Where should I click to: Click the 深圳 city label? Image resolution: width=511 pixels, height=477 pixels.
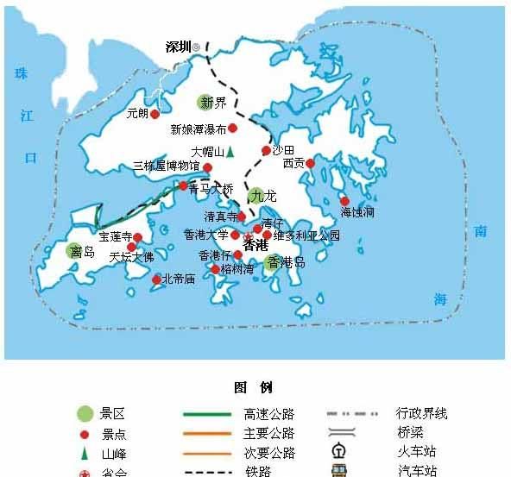[x=178, y=47]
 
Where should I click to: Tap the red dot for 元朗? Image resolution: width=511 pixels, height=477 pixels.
[x=155, y=113]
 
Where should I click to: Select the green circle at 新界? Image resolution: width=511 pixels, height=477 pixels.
[x=205, y=103]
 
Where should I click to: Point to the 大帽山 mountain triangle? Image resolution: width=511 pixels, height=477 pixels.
[x=230, y=152]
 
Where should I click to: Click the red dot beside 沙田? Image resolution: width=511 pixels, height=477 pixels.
[x=266, y=151]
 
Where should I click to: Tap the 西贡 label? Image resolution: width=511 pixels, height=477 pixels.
[x=293, y=162]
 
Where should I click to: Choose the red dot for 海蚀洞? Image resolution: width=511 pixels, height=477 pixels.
[x=344, y=201]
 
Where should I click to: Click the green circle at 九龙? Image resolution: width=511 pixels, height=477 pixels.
[x=255, y=196]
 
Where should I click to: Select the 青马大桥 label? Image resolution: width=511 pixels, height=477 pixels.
[x=211, y=188]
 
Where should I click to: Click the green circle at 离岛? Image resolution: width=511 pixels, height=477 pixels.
[x=73, y=251]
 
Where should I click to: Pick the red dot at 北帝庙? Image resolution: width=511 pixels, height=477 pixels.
[x=156, y=279]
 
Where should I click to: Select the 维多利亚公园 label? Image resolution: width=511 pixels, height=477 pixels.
[x=307, y=235]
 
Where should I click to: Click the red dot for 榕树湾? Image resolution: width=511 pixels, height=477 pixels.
[x=216, y=269]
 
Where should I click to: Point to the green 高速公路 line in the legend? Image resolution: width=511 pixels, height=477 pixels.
[x=207, y=414]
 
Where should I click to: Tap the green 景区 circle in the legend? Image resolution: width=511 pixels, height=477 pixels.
[x=85, y=414]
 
